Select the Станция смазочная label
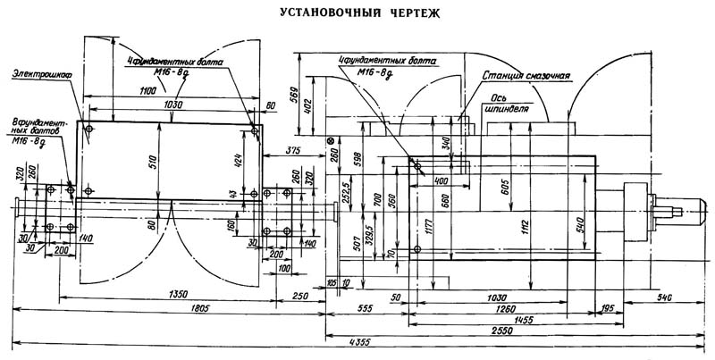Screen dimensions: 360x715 pyautogui.click(x=526, y=77)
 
